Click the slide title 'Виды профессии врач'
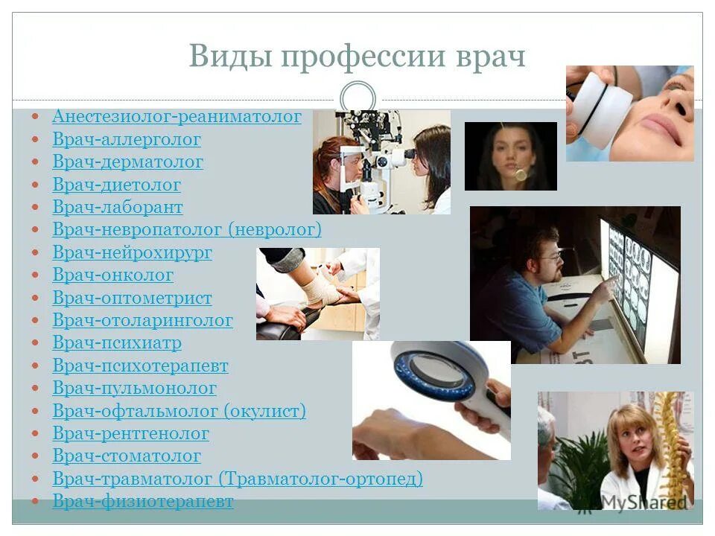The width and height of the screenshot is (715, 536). (357, 57)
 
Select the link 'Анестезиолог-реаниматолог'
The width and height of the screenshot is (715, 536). (177, 117)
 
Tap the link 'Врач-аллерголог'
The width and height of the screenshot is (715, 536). (127, 139)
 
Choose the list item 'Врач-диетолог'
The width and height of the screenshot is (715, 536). (116, 185)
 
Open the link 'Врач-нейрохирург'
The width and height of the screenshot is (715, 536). (132, 253)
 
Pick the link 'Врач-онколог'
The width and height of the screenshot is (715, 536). (112, 275)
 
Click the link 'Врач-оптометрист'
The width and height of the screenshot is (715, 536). (132, 299)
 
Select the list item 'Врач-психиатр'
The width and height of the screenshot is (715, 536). (117, 343)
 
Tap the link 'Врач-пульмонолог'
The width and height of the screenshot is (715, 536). (134, 389)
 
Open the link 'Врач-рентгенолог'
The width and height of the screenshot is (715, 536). (130, 434)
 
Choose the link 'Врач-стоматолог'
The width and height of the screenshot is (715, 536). (127, 456)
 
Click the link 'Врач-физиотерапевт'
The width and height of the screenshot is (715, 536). (143, 502)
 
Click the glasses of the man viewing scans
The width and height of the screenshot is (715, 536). (550, 258)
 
